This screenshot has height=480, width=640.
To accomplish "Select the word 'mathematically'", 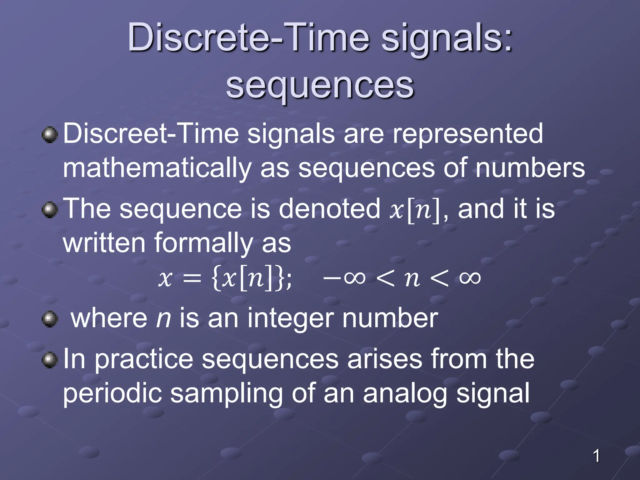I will [157, 168].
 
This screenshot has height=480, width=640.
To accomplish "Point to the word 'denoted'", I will [329, 209].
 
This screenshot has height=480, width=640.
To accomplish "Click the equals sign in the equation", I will [192, 278].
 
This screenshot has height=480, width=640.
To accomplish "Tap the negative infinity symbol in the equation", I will [344, 277].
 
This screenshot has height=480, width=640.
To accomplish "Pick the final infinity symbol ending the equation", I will [470, 277].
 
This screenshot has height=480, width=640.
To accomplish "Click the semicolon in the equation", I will [289, 279].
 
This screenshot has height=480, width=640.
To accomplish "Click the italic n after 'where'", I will [163, 319].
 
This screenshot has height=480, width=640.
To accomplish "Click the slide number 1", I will [596, 456].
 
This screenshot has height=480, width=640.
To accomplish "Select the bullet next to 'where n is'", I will [50, 319].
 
